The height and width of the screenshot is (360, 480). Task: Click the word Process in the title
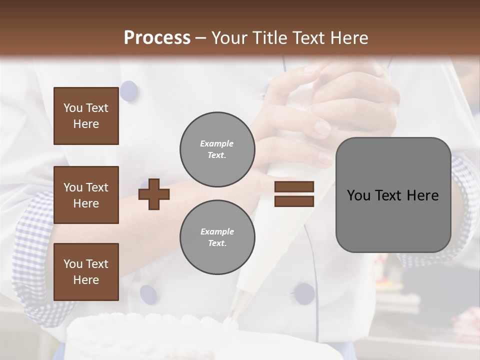(157, 38)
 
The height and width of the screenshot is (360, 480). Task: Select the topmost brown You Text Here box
(86, 116)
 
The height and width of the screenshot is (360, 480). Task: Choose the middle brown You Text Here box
(86, 195)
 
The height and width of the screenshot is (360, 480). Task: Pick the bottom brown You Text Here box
(86, 272)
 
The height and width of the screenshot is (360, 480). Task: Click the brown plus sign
(154, 194)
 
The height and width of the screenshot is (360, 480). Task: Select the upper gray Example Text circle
(217, 149)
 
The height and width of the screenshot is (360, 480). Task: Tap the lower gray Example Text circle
(217, 237)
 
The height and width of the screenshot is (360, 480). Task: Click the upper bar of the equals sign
(294, 186)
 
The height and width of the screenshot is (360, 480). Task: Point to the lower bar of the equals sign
(294, 201)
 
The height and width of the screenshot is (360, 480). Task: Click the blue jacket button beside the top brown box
(129, 90)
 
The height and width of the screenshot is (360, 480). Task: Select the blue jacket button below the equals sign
(304, 293)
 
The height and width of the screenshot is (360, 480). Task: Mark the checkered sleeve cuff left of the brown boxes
(32, 250)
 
